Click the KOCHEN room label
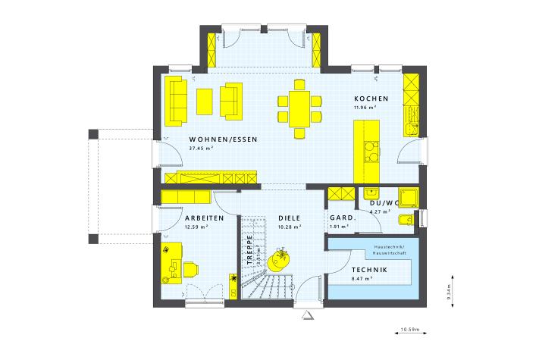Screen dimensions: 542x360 coord(371,99)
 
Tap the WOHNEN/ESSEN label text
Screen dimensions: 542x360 coord(224,139)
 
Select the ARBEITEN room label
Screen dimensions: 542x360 coord(204,218)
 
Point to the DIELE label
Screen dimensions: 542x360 coord(290,218)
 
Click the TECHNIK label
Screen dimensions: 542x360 coord(369,270)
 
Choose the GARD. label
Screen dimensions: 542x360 coord(343,218)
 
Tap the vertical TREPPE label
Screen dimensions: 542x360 coord(249,249)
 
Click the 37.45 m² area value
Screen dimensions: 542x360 coord(201,149)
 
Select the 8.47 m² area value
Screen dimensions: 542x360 coord(362,278)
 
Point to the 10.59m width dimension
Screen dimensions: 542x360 coord(410,330)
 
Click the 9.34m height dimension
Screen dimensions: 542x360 coord(449,291)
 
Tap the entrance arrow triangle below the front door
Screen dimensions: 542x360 coord(307,315)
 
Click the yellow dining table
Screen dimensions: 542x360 coord(299,109)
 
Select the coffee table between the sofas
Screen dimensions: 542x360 coord(204,102)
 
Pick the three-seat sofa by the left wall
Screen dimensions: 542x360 coord(176,101)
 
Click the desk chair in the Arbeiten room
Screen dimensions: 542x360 coord(191,270)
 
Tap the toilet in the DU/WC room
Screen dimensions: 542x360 coord(406,219)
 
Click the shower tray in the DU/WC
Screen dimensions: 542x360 coord(409,197)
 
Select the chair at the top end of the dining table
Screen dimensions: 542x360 coord(299,85)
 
